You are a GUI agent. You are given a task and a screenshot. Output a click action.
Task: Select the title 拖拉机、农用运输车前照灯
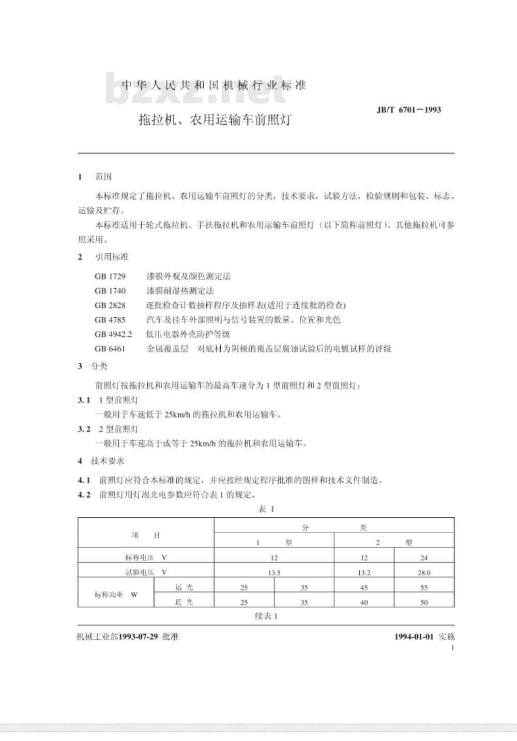pos(215,120)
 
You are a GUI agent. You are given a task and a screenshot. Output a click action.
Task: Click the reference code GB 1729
pos(110,276)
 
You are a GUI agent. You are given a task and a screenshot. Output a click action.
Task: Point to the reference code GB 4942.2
pos(113,334)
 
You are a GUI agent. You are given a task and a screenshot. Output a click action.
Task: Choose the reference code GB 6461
pos(110,349)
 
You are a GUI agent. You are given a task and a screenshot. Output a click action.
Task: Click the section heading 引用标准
pos(112,257)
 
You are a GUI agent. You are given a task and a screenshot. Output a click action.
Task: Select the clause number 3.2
pos(84,429)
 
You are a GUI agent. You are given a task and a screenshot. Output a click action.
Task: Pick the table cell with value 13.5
pos(274,573)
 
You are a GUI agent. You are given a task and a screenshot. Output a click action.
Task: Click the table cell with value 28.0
pos(424,573)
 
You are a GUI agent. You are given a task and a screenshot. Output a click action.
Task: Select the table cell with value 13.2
pos(364,573)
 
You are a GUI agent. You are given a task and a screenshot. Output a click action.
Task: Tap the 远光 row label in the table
pos(184,587)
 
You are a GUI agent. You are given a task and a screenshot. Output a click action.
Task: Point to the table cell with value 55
pos(424,588)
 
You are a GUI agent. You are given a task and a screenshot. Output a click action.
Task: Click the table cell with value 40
pos(364,603)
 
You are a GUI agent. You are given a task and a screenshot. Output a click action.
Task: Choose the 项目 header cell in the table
pos(146,535)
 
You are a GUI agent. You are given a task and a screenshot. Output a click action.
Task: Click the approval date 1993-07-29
pos(138,637)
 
